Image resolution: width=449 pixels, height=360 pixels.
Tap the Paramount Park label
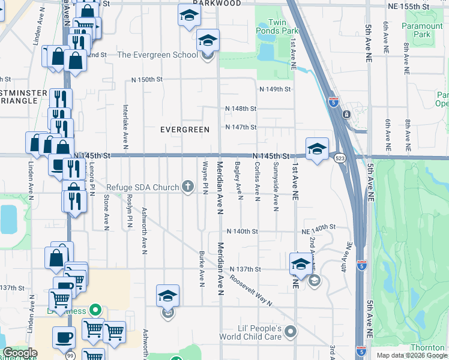click(423, 31)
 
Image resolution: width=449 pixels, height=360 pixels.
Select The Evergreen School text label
click(157, 55)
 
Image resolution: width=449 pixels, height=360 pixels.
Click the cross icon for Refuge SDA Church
click(188, 187)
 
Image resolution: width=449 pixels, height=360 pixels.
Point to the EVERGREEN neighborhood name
click(185, 130)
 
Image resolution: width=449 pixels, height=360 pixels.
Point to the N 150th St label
click(148, 80)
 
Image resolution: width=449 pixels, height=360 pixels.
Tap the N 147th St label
click(241, 127)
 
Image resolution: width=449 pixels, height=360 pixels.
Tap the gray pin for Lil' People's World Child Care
click(291, 331)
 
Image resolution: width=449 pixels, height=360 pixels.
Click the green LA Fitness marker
click(94, 310)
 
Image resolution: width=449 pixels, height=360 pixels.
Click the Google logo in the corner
click(20, 353)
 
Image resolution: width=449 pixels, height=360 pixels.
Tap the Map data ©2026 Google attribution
click(412, 355)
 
